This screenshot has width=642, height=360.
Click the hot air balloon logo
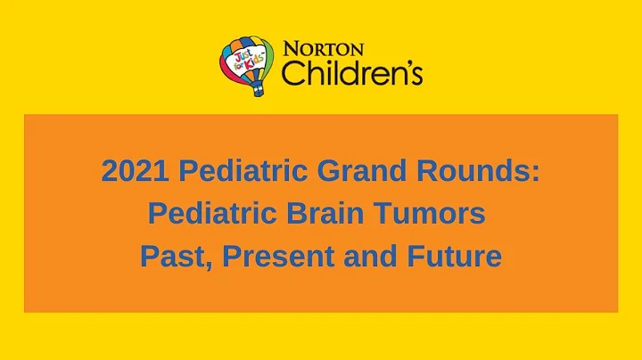[x=247, y=64]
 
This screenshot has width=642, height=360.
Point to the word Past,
[x=176, y=257]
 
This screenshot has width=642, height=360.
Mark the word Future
[x=455, y=257]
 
